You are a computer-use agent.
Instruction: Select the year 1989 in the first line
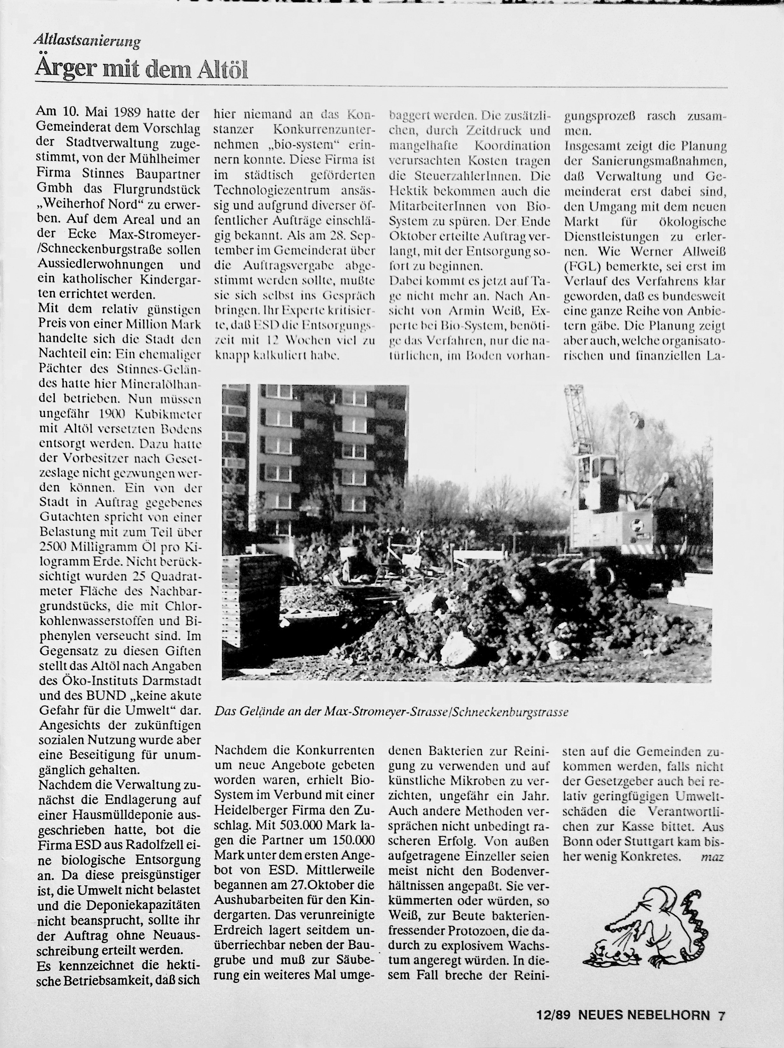tap(126, 113)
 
